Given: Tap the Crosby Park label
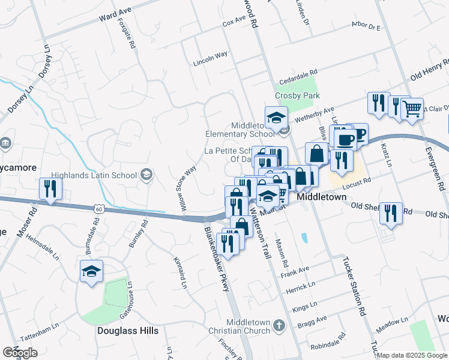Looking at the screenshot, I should (297, 96).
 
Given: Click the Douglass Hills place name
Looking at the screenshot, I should (128, 331).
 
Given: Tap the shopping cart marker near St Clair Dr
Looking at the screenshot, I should (412, 110).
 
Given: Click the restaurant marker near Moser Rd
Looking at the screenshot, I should (48, 190).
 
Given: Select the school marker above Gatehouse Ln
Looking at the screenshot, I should (92, 272).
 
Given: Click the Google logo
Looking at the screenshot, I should (20, 352).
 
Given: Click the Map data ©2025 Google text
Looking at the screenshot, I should (412, 355).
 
